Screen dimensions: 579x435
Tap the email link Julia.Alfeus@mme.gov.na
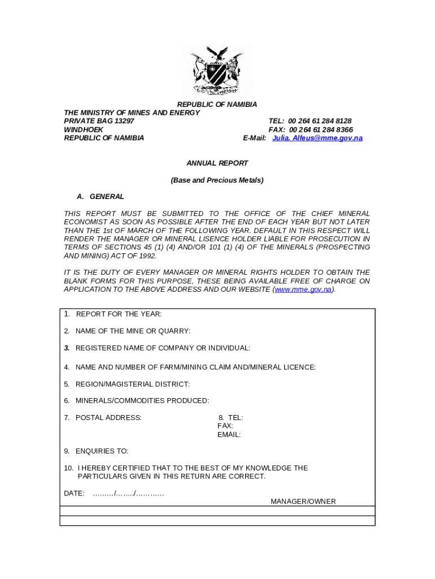pos(317,138)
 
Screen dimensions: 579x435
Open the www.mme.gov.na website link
pos(303,289)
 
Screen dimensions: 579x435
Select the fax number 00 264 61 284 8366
pos(321,129)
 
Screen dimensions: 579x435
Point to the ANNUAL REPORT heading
pos(217,163)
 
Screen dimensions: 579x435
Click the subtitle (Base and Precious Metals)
pos(217,180)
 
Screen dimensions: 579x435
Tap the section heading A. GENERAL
pos(101,197)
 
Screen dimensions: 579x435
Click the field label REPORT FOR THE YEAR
pos(119,314)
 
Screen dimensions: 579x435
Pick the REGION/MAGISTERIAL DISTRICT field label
pos(132,384)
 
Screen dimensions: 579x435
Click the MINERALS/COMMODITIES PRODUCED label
pos(142,401)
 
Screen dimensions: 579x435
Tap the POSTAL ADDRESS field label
pos(108,418)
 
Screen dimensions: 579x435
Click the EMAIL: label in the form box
pos(229,435)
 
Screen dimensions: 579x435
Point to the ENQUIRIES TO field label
pos(102,451)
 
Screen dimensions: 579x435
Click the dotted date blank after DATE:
pos(128,494)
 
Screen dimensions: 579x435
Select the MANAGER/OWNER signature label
pos(303,502)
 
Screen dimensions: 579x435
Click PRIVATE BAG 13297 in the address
pos(99,121)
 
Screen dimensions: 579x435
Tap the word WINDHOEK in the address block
pos(84,129)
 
